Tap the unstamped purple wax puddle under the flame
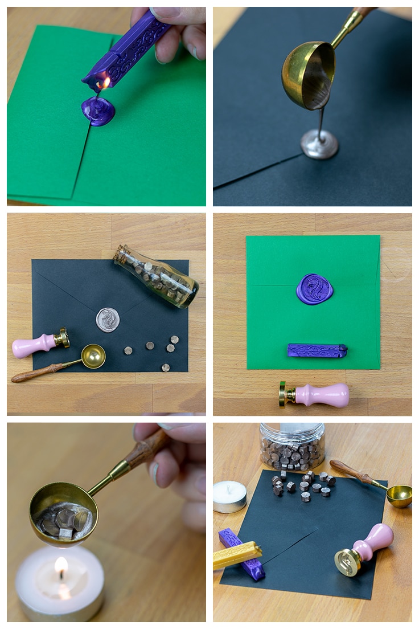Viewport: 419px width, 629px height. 98,111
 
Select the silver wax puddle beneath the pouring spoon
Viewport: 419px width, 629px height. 319,145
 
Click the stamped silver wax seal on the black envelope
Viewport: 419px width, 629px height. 108,319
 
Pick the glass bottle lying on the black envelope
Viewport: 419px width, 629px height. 157,276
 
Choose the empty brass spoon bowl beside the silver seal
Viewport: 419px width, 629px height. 93,356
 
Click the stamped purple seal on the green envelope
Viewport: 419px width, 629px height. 314,289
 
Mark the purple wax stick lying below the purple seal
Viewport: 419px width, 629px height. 317,350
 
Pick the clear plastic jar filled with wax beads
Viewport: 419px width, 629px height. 292,445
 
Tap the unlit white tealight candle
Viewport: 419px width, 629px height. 229,496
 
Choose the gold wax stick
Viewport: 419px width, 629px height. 237,556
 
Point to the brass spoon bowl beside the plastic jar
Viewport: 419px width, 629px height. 399,495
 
